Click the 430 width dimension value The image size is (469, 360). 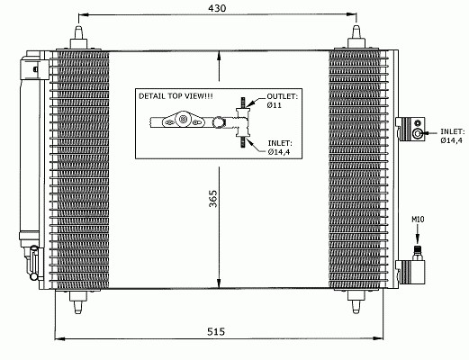click(217, 8)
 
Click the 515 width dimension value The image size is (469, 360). click(216, 332)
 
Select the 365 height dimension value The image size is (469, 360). click(213, 199)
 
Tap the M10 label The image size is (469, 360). click(418, 220)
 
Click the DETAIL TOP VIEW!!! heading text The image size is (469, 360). click(176, 96)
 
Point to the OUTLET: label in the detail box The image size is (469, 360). click(283, 96)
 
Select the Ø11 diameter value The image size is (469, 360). click(275, 105)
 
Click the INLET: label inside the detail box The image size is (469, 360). click(280, 143)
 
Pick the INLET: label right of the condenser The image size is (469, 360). click(453, 131)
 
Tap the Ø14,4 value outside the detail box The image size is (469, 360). click(451, 140)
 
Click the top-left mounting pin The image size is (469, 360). click(78, 37)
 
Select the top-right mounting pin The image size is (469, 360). click(356, 37)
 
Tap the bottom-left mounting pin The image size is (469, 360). click(78, 302)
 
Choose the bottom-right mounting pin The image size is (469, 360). click(356, 302)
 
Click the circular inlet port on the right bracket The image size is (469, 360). click(417, 133)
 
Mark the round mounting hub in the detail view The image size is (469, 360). click(182, 120)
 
